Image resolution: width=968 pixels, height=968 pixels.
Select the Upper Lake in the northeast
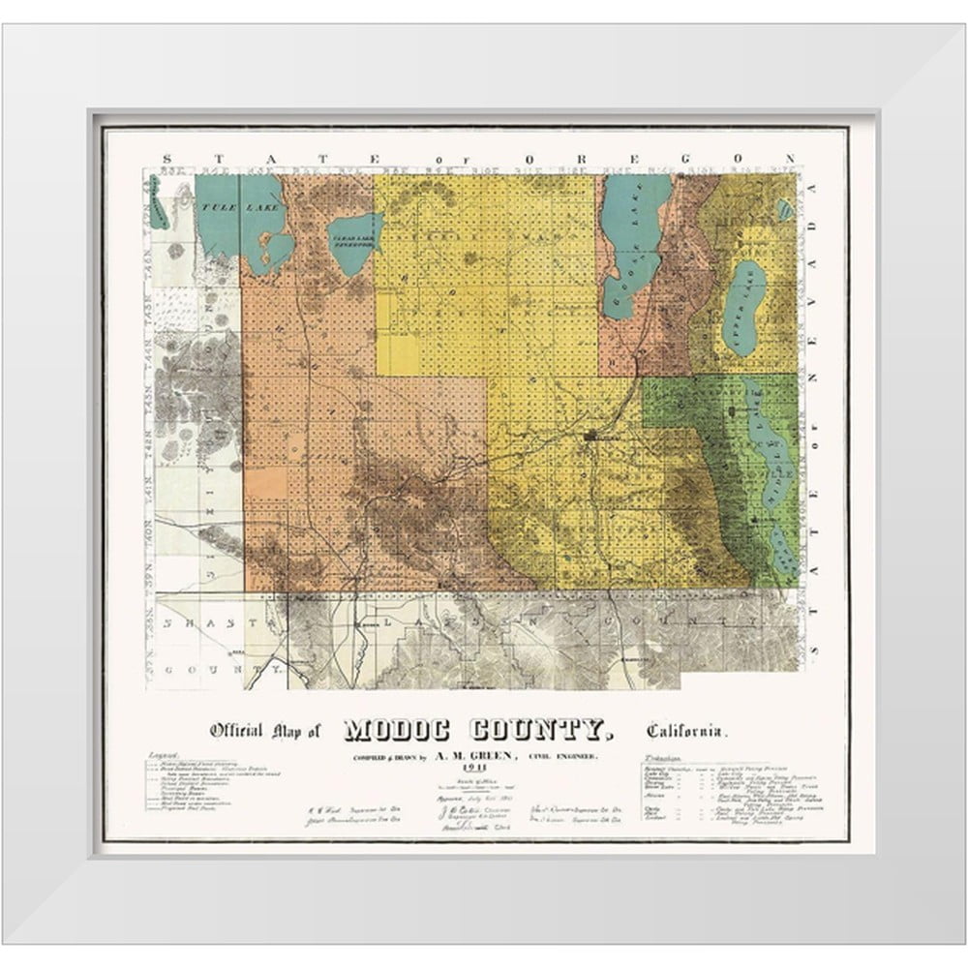[744, 304]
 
